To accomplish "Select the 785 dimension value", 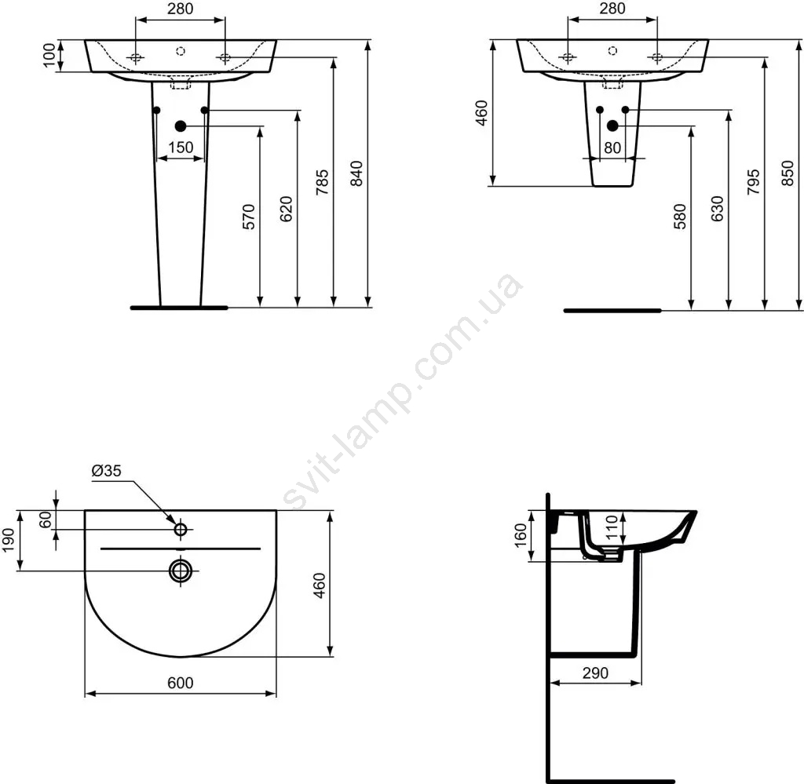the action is (x=321, y=182).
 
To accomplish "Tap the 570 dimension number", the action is (x=249, y=217).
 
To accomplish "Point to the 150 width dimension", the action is (x=181, y=148).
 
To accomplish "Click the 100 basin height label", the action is (x=49, y=56).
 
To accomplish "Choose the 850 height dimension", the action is (x=788, y=173).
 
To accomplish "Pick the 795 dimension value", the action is (x=753, y=182).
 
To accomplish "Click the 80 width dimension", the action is (x=612, y=148).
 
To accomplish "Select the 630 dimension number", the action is (x=718, y=208).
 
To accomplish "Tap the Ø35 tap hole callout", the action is (x=107, y=470).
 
